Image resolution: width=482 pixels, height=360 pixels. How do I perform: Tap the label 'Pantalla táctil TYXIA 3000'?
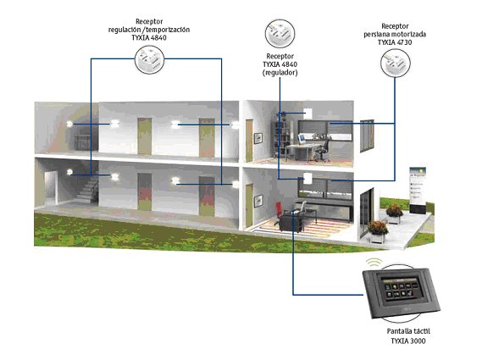click(x=408, y=335)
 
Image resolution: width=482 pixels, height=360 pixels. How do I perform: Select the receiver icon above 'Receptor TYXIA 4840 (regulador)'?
click(x=280, y=34)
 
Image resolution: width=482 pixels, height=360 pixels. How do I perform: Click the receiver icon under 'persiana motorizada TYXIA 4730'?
click(x=396, y=63)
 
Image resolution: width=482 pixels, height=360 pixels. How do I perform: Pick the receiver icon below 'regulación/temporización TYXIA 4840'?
click(x=149, y=59)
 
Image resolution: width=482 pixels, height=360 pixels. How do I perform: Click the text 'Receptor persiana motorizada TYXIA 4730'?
click(x=395, y=34)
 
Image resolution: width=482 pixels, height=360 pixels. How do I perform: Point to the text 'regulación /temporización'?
click(x=149, y=30)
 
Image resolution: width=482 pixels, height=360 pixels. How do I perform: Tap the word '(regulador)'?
click(x=280, y=73)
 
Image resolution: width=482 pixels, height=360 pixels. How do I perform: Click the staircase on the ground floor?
click(x=87, y=188)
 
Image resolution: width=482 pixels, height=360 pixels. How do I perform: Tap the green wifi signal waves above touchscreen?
click(x=374, y=263)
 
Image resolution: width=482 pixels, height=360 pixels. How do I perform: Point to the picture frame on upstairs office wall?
click(x=258, y=138)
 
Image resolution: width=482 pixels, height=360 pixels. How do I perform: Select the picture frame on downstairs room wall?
click(x=258, y=201)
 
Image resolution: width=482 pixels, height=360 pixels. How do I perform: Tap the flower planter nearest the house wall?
click(x=377, y=231)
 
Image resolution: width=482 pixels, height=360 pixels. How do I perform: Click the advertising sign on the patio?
click(x=418, y=191)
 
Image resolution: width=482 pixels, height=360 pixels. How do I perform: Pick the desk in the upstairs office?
click(x=302, y=151)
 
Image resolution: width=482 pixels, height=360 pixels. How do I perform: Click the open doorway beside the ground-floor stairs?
click(x=51, y=188)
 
